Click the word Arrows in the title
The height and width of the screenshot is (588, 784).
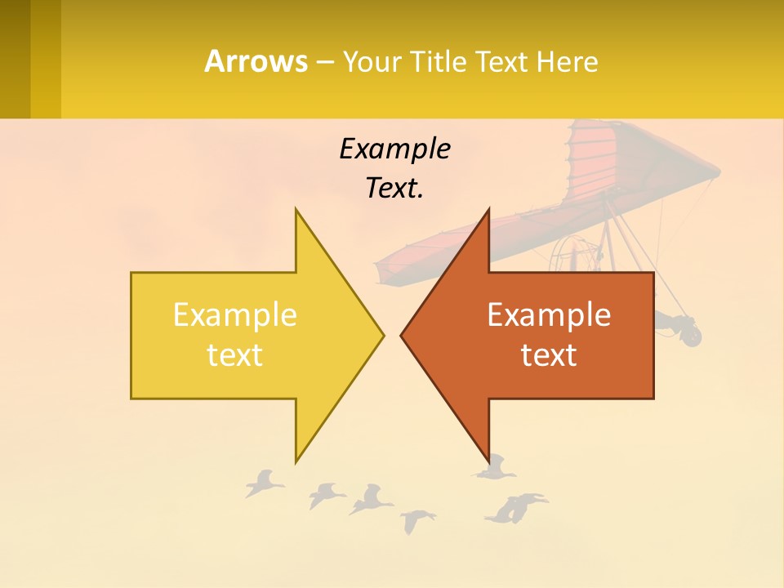click(x=256, y=61)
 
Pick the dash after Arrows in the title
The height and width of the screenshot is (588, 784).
click(x=324, y=63)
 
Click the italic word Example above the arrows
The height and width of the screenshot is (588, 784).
click(x=394, y=149)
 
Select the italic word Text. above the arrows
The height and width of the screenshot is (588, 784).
click(x=394, y=189)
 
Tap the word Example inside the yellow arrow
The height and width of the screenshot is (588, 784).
click(x=235, y=315)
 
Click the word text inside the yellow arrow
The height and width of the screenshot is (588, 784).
click(x=235, y=355)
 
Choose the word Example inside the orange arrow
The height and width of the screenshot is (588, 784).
click(x=549, y=315)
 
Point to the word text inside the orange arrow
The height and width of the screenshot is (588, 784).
click(x=549, y=355)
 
